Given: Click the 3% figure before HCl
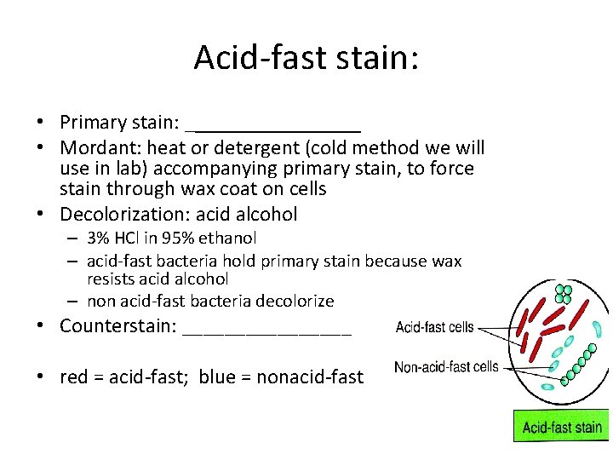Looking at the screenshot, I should [99, 239].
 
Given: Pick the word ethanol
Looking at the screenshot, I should [229, 239].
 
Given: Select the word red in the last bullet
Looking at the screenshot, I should [74, 377].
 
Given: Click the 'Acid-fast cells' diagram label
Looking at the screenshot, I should [435, 327].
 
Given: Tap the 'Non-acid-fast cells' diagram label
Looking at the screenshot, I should [446, 367].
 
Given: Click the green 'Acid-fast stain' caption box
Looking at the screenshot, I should [561, 428].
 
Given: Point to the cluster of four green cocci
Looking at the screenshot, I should [563, 295].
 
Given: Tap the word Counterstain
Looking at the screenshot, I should [118, 326].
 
